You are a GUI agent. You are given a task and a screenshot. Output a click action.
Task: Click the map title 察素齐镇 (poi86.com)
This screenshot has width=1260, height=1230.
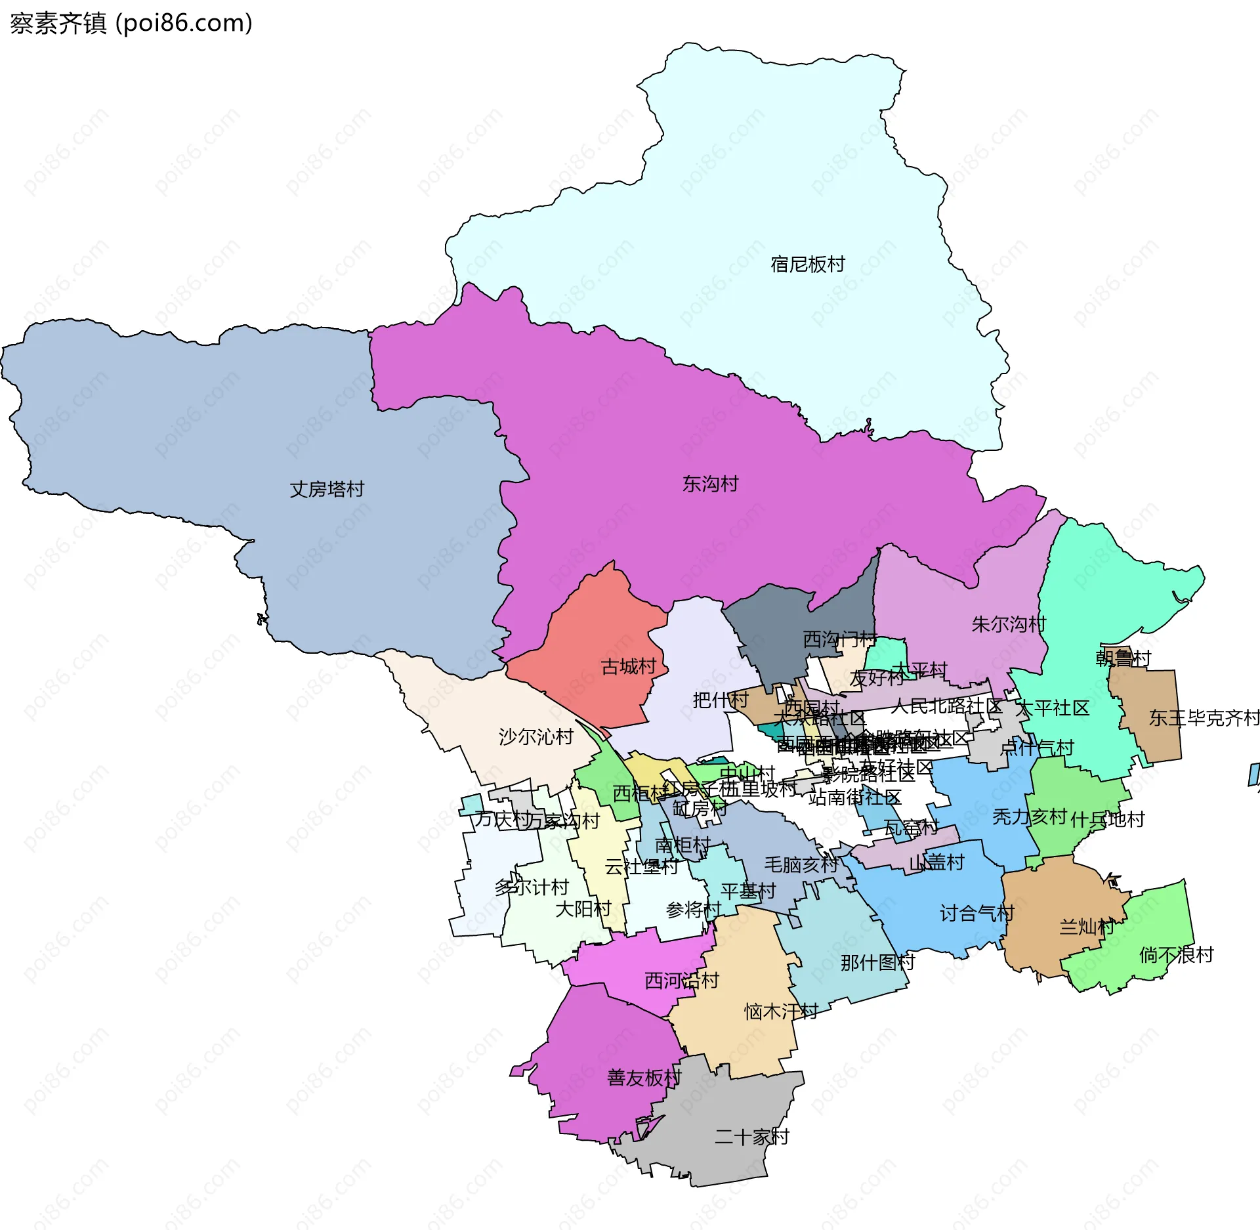pyautogui.click(x=131, y=24)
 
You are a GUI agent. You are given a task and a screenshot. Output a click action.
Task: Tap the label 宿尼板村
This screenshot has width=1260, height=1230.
pyautogui.click(x=807, y=265)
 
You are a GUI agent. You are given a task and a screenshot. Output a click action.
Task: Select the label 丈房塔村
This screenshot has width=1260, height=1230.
pyautogui.click(x=327, y=490)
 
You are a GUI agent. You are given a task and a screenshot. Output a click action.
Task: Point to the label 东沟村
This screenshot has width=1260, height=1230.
pyautogui.click(x=710, y=484)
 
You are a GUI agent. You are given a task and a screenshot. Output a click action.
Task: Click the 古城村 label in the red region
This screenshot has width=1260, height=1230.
pyautogui.click(x=628, y=667)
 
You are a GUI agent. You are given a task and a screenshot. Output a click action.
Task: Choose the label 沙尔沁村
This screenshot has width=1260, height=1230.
pyautogui.click(x=535, y=737)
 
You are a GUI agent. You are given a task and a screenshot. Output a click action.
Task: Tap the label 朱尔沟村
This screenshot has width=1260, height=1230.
pyautogui.click(x=1008, y=624)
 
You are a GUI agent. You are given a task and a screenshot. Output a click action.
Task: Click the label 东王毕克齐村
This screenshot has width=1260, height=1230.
pyautogui.click(x=1204, y=718)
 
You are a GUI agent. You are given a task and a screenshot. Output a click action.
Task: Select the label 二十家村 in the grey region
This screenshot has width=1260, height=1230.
pyautogui.click(x=751, y=1137)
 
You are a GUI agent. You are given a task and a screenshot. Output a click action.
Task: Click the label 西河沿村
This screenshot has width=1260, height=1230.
pyautogui.click(x=682, y=981)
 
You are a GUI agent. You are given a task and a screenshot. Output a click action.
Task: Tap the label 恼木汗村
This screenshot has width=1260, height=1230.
pyautogui.click(x=781, y=1011)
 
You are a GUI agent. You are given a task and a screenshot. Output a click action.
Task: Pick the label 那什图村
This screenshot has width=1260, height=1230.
pyautogui.click(x=877, y=963)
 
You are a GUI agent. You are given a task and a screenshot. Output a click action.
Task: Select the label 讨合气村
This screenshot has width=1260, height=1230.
pyautogui.click(x=976, y=913)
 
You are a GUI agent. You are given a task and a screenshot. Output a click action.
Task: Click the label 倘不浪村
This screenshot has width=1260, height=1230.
pyautogui.click(x=1176, y=955)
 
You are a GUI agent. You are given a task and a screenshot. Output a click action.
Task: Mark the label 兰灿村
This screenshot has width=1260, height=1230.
pyautogui.click(x=1086, y=927)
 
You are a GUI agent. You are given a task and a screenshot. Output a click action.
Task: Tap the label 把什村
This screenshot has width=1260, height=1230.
pyautogui.click(x=721, y=700)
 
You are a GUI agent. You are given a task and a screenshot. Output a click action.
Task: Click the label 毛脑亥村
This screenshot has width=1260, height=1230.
pyautogui.click(x=801, y=865)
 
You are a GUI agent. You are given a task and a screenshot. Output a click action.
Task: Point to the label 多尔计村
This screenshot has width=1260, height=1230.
pyautogui.click(x=532, y=887)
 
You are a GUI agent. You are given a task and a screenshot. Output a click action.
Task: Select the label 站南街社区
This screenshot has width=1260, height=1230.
pyautogui.click(x=854, y=797)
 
